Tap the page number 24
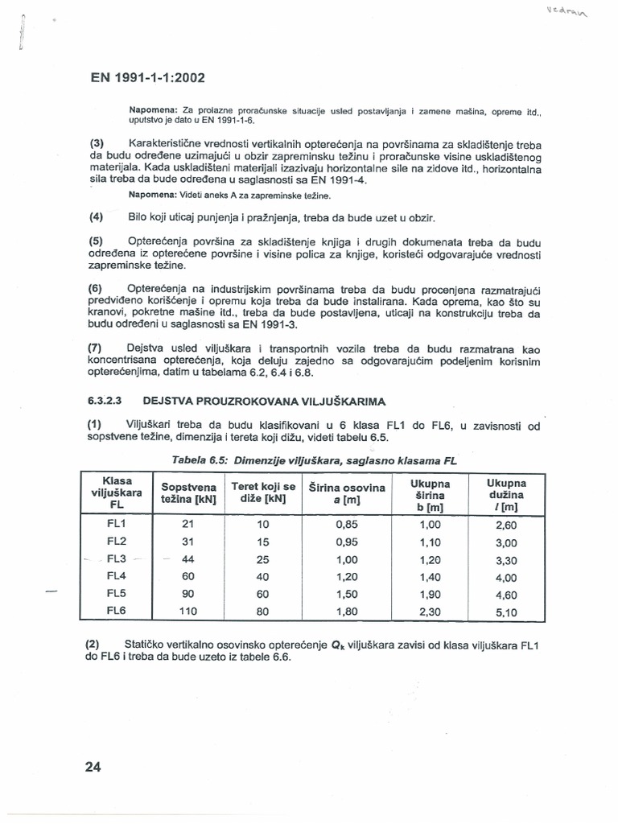[93, 766]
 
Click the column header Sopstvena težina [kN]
[188, 492]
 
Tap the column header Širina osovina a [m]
[346, 492]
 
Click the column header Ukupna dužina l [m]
[505, 493]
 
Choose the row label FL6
[117, 611]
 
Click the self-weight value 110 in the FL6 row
[188, 611]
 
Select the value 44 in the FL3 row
[189, 558]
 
